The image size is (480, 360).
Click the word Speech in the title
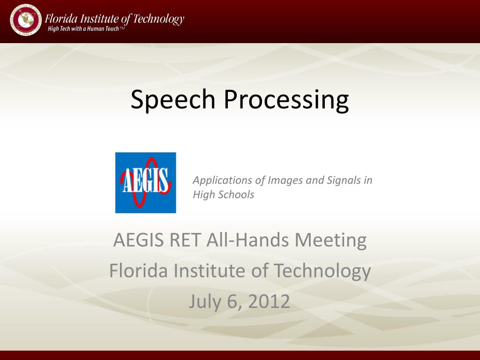pos(173,99)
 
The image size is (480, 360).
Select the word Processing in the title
pos(286,99)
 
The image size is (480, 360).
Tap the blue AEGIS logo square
pos(146,183)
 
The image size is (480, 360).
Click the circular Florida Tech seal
pos(25,20)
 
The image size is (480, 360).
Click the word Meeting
pos(330,240)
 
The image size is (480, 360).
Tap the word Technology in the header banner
pos(158,19)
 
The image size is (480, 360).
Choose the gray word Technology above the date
pos(322,271)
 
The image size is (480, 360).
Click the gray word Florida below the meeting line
pos(138,270)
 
